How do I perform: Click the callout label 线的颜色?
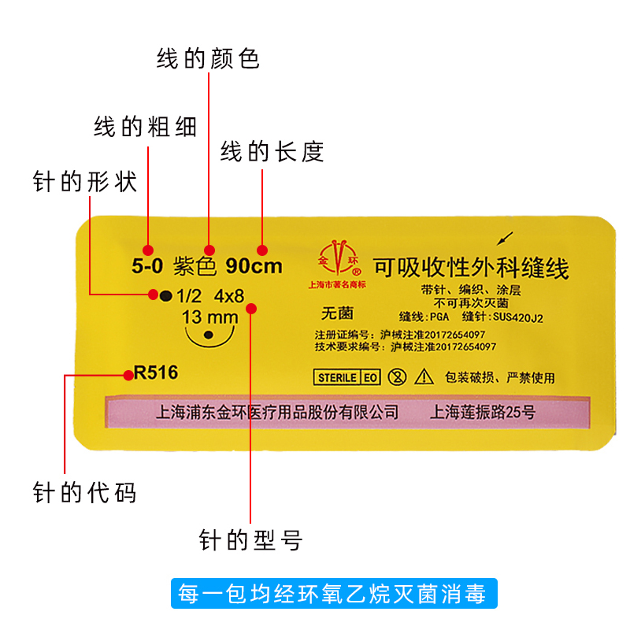point(208,59)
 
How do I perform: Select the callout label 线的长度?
point(272,151)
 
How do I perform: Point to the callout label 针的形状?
point(85,182)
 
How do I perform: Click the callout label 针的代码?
point(85,493)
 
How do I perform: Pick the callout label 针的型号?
point(250,540)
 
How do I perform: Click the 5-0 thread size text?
point(147,266)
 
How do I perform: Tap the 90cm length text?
point(254,266)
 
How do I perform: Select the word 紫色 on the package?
point(195,266)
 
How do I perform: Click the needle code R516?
point(156,373)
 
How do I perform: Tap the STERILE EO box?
point(347,377)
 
